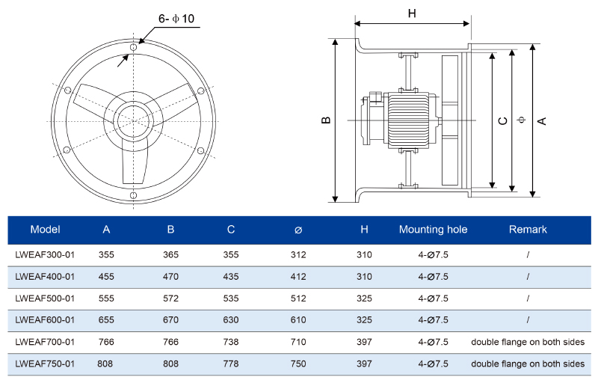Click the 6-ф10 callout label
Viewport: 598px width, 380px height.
click(176, 18)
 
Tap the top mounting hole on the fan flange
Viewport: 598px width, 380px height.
click(134, 47)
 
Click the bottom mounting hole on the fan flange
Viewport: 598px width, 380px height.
click(134, 195)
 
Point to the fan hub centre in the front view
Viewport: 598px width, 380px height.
click(134, 121)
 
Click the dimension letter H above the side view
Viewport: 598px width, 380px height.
click(412, 13)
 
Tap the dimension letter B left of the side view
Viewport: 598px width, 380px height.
click(326, 120)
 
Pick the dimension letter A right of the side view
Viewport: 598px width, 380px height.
click(542, 121)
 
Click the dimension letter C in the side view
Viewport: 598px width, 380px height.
click(503, 121)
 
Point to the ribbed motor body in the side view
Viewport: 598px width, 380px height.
click(409, 120)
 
